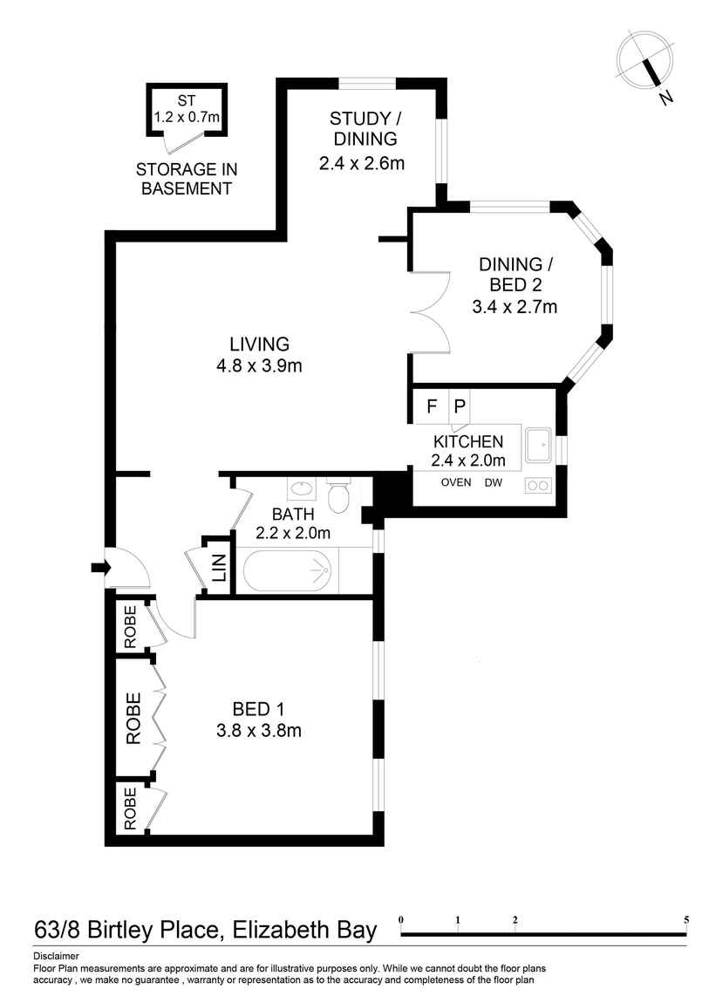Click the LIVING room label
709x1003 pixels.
pyautogui.click(x=259, y=344)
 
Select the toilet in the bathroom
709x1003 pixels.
pyautogui.click(x=337, y=496)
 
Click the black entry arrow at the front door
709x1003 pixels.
pyautogui.click(x=98, y=568)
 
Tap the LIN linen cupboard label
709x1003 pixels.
pyautogui.click(x=218, y=568)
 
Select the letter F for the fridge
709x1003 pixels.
pyautogui.click(x=431, y=406)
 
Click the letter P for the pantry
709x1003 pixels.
pyautogui.click(x=460, y=406)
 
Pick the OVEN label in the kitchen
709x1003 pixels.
pyautogui.click(x=455, y=482)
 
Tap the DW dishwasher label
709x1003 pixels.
pyautogui.click(x=494, y=482)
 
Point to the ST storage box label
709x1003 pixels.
pyautogui.click(x=187, y=100)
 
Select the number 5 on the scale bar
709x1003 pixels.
pyautogui.click(x=686, y=919)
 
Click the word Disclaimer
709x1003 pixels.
pyautogui.click(x=56, y=956)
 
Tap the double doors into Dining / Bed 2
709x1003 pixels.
pyautogui.click(x=430, y=310)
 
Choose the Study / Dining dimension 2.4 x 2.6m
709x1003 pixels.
pyautogui.click(x=361, y=162)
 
